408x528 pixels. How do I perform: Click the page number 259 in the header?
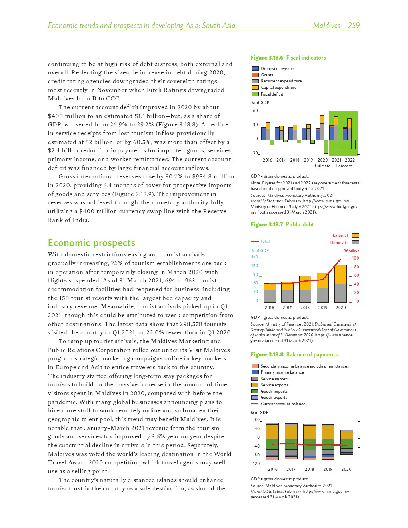[354, 26]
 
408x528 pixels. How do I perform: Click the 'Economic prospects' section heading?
[91, 243]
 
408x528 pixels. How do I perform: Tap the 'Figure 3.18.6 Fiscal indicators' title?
[288, 58]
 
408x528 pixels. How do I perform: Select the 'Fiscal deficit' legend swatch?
[255, 94]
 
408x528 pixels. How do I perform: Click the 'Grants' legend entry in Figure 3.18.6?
[267, 75]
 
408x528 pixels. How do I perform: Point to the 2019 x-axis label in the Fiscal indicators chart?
[308, 160]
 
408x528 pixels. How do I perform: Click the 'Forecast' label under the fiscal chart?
[344, 166]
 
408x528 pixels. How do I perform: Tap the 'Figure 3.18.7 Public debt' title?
[282, 224]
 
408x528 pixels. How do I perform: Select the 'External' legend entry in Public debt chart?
[340, 235]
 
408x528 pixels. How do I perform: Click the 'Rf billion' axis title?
[351, 251]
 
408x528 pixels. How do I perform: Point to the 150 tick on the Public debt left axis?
[255, 257]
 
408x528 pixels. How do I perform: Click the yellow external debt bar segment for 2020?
[340, 274]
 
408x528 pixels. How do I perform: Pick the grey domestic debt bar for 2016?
[270, 296]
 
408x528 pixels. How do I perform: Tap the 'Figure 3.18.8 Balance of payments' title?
[294, 354]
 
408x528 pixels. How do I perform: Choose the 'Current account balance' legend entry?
[283, 404]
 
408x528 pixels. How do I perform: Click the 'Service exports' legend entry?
[274, 385]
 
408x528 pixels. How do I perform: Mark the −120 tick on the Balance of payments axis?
[256, 464]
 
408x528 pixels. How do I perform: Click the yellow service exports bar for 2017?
[291, 432]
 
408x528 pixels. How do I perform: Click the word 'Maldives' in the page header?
[326, 26]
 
